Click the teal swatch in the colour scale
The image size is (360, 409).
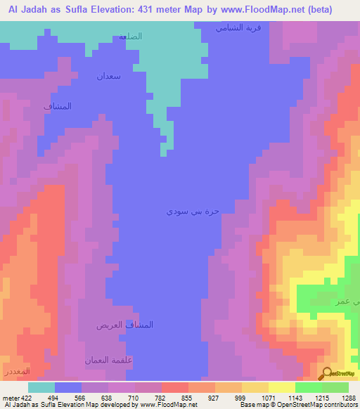coord(41,387)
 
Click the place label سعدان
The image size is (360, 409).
coord(109,76)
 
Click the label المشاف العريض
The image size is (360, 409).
coord(124,325)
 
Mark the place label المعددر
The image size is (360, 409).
coord(15,370)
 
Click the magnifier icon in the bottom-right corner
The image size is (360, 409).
coord(326,373)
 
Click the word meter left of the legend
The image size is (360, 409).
coord(9,397)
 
